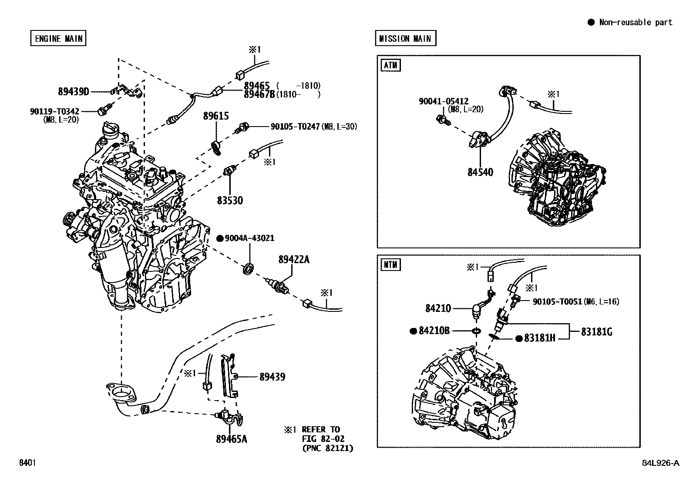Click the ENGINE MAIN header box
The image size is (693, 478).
[58, 38]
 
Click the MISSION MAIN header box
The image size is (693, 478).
[405, 38]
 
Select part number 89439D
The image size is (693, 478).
[73, 91]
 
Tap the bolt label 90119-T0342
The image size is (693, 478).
[54, 111]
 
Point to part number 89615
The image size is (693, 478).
[216, 116]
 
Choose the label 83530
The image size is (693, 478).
[230, 201]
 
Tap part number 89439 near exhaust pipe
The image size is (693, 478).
[272, 377]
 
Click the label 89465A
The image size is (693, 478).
[231, 439]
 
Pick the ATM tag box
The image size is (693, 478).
[390, 66]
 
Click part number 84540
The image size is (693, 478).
[480, 172]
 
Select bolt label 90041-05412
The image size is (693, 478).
[444, 101]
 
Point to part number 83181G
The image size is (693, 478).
[596, 332]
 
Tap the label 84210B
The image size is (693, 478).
[434, 331]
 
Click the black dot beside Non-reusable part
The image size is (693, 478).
[591, 23]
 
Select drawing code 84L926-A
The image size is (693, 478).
[660, 463]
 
